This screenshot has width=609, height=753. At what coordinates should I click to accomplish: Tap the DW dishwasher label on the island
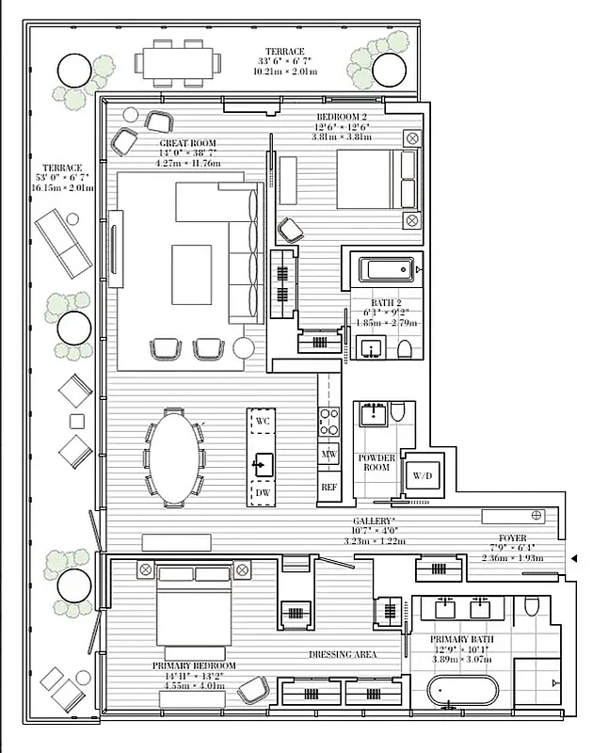click(263, 491)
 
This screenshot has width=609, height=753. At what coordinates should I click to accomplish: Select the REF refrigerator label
click(329, 487)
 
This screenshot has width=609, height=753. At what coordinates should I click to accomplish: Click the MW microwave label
click(329, 455)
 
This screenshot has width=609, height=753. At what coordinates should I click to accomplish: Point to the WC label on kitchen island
click(263, 422)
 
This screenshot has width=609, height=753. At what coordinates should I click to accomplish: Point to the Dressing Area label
click(343, 654)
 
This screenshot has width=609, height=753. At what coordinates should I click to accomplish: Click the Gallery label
click(374, 521)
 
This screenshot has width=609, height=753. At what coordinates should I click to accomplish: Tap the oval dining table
click(175, 458)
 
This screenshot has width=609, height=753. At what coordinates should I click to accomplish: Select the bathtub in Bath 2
click(385, 270)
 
